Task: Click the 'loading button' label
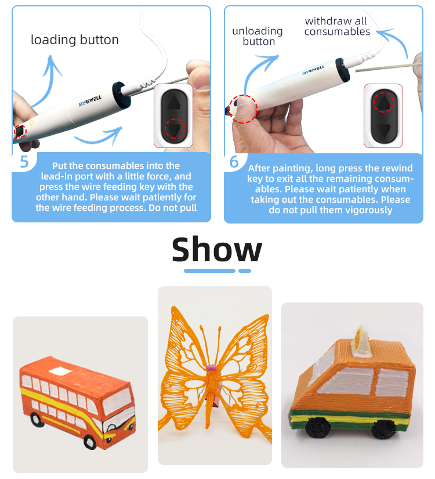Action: click(75, 40)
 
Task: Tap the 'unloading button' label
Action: click(258, 36)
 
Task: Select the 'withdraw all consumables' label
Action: click(337, 26)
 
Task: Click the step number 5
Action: click(24, 161)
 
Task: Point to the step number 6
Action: click(234, 161)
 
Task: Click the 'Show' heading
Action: click(217, 250)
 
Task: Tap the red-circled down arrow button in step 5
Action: click(175, 129)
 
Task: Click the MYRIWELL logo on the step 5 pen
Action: click(90, 101)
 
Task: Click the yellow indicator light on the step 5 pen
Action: click(31, 123)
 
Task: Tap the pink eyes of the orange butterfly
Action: click(211, 368)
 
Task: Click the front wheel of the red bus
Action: click(90, 442)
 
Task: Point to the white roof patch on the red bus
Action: click(60, 371)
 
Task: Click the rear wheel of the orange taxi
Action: click(382, 428)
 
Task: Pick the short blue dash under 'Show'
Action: click(245, 271)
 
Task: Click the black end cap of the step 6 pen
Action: click(343, 70)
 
